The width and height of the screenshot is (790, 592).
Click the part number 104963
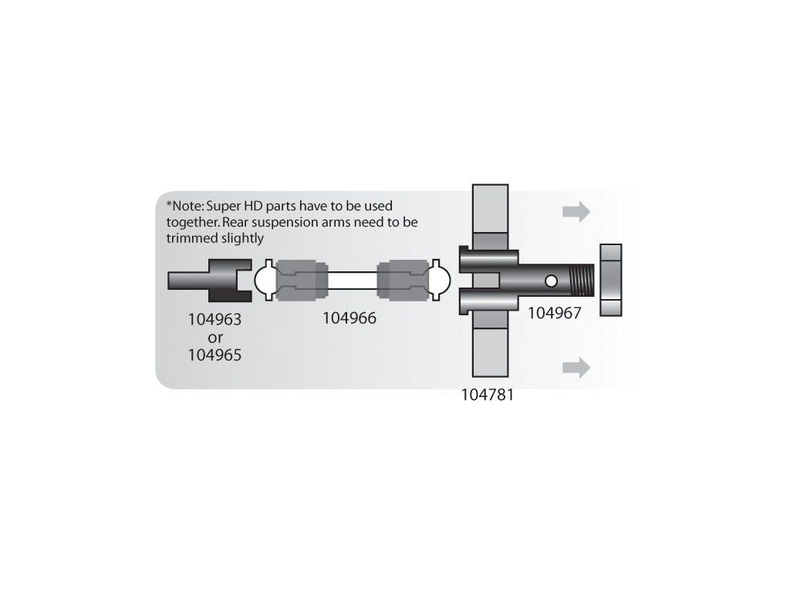215,318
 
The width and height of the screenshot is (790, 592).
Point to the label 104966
350,318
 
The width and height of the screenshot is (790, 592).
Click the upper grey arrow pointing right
576,211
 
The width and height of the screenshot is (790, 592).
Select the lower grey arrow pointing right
576,367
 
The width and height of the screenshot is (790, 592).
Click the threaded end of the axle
584,280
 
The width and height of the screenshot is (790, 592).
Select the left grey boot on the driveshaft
298,281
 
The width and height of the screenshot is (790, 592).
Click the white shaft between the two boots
350,281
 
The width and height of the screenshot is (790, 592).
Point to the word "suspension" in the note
302,222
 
